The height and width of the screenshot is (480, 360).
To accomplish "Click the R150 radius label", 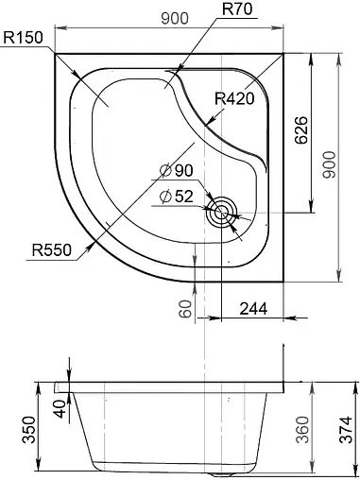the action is [23, 38].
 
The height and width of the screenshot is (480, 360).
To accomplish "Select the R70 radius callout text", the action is [237, 9].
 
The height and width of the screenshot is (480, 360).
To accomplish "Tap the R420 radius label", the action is [234, 99].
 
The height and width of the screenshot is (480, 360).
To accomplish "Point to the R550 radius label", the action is [52, 250].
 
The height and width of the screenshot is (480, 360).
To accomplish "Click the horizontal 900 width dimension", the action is [175, 19].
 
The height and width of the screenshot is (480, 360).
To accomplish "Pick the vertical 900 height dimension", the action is [330, 164].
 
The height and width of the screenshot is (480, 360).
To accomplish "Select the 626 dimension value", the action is [301, 130].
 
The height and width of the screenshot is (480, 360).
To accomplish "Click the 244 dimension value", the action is [253, 309].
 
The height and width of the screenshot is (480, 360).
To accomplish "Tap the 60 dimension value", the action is [185, 309].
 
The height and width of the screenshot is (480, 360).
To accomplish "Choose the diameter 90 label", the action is [177, 171].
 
